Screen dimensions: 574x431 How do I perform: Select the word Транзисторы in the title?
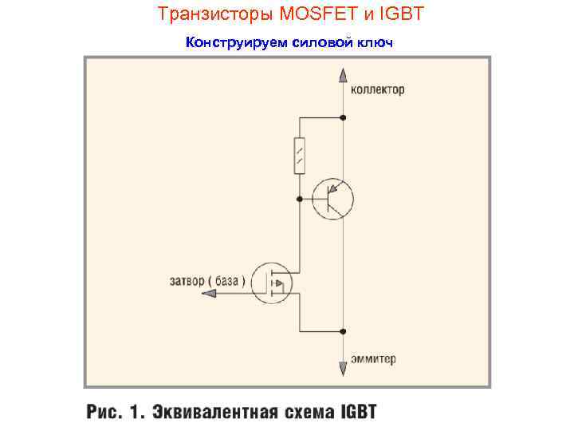206,14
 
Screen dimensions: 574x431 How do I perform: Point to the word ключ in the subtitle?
374,42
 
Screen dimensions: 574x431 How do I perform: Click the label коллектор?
378,89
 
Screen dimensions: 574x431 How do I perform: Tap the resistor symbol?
299,155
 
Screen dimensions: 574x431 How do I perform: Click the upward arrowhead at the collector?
343,75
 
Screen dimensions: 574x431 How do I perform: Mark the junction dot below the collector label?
343,117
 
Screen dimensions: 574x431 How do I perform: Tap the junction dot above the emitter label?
343,330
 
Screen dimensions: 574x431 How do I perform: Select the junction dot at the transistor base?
299,198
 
